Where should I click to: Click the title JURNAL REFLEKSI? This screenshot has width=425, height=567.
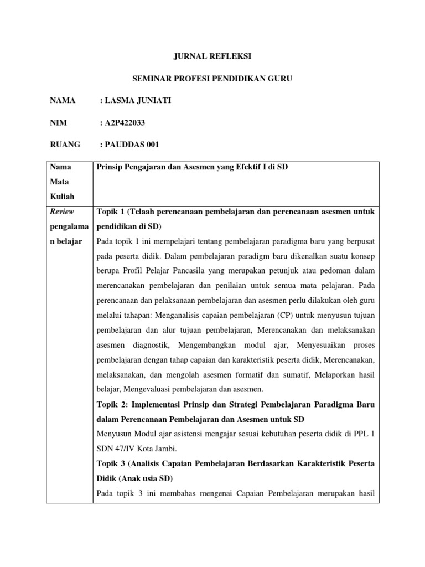(x=212, y=57)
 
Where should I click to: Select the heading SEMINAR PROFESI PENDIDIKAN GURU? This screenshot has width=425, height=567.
(x=212, y=80)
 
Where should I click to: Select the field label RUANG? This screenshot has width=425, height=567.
(x=65, y=145)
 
